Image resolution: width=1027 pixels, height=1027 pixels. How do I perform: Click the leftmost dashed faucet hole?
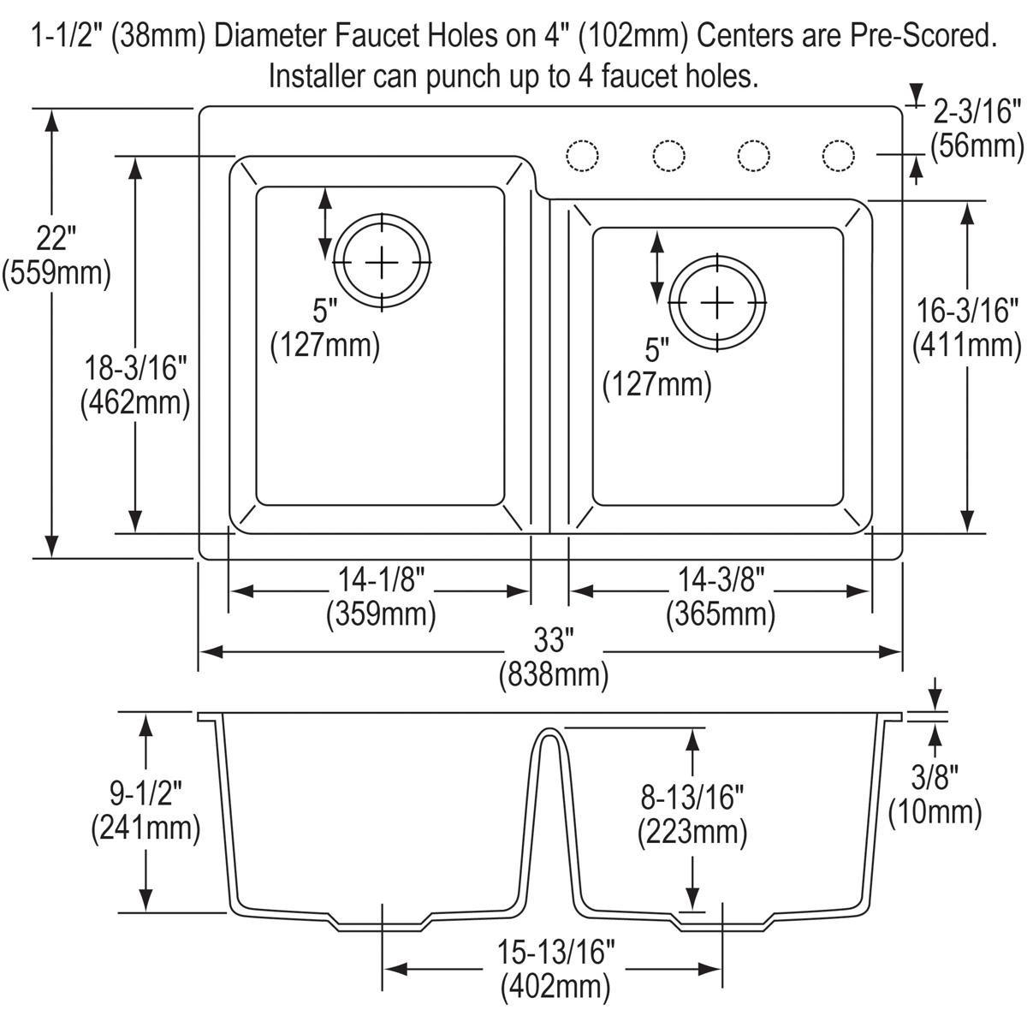pyautogui.click(x=582, y=156)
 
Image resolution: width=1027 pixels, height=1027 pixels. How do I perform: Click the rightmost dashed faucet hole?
pyautogui.click(x=838, y=156)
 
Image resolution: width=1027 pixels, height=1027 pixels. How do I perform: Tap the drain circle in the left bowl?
pyautogui.click(x=382, y=261)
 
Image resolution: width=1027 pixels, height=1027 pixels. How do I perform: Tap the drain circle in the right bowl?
pyautogui.click(x=717, y=303)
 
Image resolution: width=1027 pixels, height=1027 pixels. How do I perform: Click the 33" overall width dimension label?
pyautogui.click(x=553, y=638)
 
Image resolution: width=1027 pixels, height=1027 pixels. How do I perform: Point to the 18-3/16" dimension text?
pyautogui.click(x=134, y=368)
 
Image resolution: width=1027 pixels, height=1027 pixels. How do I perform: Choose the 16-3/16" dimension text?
pyautogui.click(x=967, y=310)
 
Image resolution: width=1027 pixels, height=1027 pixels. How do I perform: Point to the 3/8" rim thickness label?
pyautogui.click(x=934, y=776)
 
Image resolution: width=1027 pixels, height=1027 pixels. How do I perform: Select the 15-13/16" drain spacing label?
pyautogui.click(x=556, y=950)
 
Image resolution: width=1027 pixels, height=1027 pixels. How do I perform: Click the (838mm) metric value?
pyautogui.click(x=554, y=675)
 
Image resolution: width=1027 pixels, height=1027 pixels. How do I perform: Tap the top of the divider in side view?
pyautogui.click(x=549, y=732)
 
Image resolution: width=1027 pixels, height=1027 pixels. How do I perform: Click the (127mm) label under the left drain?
pyautogui.click(x=324, y=345)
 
